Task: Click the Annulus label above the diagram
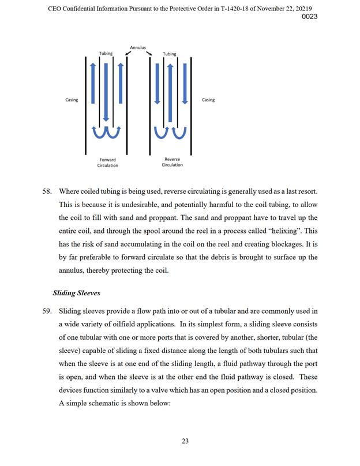pos(138,48)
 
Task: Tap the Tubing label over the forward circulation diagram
pos(106,54)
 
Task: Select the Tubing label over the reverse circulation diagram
pos(170,54)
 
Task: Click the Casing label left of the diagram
pos(72,100)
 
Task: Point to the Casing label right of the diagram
pos(208,100)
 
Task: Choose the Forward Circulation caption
pos(107,163)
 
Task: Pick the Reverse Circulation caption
pos(172,162)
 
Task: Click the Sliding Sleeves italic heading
pos(76,292)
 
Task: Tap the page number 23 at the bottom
pos(185,441)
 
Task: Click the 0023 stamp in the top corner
pos(310,17)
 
